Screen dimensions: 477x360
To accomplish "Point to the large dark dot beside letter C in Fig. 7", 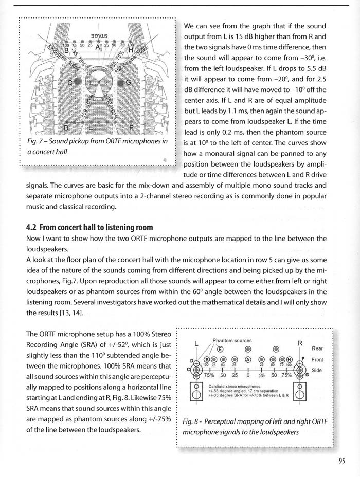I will coord(77,82).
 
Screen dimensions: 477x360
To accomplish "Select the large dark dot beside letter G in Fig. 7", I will coord(121,82).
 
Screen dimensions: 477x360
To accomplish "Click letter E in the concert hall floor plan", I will coord(91,127).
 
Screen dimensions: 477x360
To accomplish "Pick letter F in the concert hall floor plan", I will coord(131,127).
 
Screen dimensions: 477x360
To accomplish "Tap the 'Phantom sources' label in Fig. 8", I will coord(232,340).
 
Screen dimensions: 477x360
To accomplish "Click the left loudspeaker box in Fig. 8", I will coord(196,395).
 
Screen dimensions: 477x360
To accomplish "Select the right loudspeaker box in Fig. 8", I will coord(301,395).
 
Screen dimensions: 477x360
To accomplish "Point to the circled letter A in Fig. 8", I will coord(248,360).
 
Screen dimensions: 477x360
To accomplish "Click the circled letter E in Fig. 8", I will coord(212,349).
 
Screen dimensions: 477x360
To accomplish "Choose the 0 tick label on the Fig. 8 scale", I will coord(248,375).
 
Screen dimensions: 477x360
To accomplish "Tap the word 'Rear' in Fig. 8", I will coord(317,348).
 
